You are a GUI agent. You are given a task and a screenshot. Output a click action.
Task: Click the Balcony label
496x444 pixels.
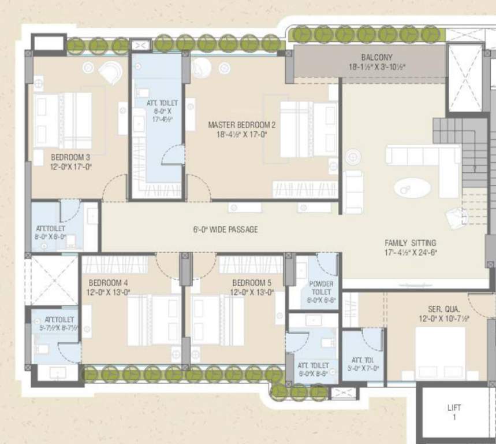[x=376, y=58]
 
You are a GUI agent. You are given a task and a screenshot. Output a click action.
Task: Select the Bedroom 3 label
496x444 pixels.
[x=70, y=157]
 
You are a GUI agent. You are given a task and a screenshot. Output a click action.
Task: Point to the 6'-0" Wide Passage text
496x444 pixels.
[x=225, y=230]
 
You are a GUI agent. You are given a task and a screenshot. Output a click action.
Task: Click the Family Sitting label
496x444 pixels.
[x=411, y=243]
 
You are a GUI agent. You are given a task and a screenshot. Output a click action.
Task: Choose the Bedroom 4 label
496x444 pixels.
[x=109, y=283]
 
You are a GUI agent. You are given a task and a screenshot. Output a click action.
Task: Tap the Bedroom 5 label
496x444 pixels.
[x=251, y=283]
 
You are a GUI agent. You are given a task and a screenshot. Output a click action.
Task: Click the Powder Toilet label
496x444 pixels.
[x=321, y=287]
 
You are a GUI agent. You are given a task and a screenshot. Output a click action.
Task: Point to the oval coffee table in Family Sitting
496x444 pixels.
[x=412, y=188]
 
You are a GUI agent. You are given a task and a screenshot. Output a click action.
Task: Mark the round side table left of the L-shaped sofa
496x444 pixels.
[x=353, y=156]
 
